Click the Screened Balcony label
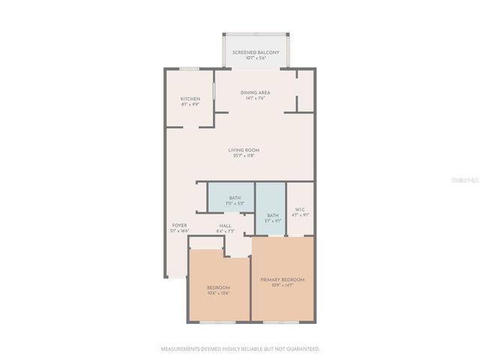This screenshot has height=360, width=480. click(x=256, y=52)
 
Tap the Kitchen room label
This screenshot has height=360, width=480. click(x=190, y=99)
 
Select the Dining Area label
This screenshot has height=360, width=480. click(x=256, y=92)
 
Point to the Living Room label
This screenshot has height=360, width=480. click(x=244, y=150)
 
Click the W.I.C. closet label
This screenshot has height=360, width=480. click(x=300, y=209)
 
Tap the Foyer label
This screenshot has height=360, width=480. click(x=179, y=225)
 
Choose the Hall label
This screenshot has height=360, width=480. click(x=225, y=225)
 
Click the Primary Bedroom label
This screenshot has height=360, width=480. click(x=281, y=280)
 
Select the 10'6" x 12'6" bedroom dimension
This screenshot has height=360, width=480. click(x=218, y=292)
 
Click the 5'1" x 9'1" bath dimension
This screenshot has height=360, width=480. click(x=272, y=220)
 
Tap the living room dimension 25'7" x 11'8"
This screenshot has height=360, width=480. click(x=244, y=156)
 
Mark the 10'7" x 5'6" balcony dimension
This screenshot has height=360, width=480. click(x=256, y=58)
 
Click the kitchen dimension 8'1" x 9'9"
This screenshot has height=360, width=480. click(x=190, y=104)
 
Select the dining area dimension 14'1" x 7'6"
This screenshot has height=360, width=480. click(x=256, y=98)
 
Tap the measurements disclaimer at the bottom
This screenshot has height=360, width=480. click(x=240, y=349)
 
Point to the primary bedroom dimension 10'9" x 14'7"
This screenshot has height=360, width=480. click(x=281, y=286)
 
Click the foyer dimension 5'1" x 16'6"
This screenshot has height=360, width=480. click(x=179, y=230)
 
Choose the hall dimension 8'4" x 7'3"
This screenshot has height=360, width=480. click(x=225, y=230)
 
